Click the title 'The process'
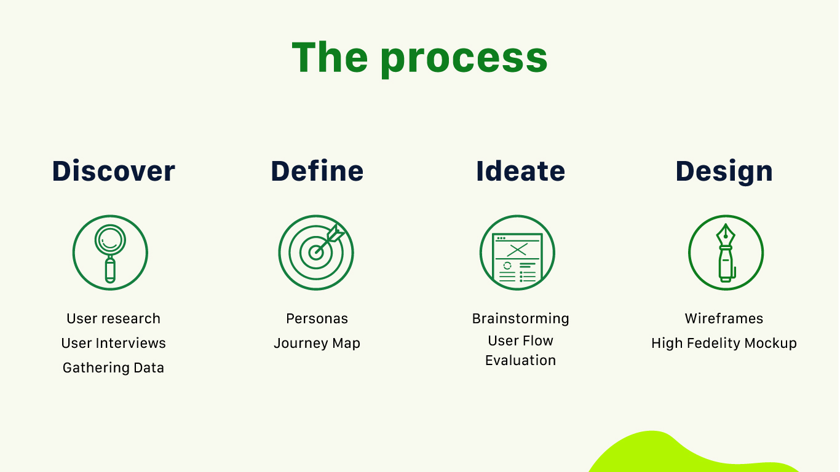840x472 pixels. [419, 58]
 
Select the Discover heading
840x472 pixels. [114, 171]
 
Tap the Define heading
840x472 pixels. [317, 171]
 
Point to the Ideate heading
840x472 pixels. [520, 171]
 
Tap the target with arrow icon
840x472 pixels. [316, 253]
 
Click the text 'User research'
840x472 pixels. [114, 319]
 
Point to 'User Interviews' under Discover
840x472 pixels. [114, 344]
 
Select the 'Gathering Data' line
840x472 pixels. [114, 368]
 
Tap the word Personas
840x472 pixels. [317, 319]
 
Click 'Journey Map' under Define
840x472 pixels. [317, 344]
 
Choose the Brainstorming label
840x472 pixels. [520, 319]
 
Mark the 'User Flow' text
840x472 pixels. [520, 340]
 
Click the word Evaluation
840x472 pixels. [520, 360]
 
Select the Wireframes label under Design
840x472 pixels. [724, 319]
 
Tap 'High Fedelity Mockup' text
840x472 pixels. [724, 344]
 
